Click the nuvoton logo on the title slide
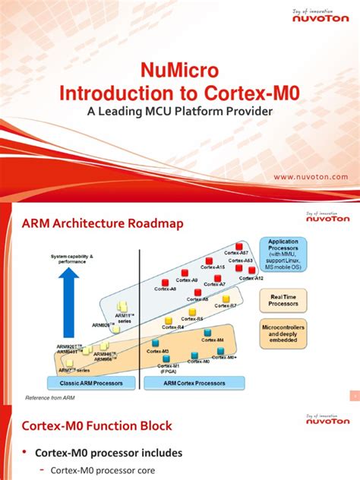[x=321, y=19]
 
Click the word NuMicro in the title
[x=180, y=71]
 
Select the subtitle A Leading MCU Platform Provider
[x=180, y=111]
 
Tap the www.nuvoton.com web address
[x=311, y=176]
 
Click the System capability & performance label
[x=72, y=259]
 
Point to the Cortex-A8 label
[x=166, y=289]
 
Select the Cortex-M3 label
[x=158, y=351]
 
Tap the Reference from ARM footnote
[x=51, y=398]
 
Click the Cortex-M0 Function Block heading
[x=96, y=425]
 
